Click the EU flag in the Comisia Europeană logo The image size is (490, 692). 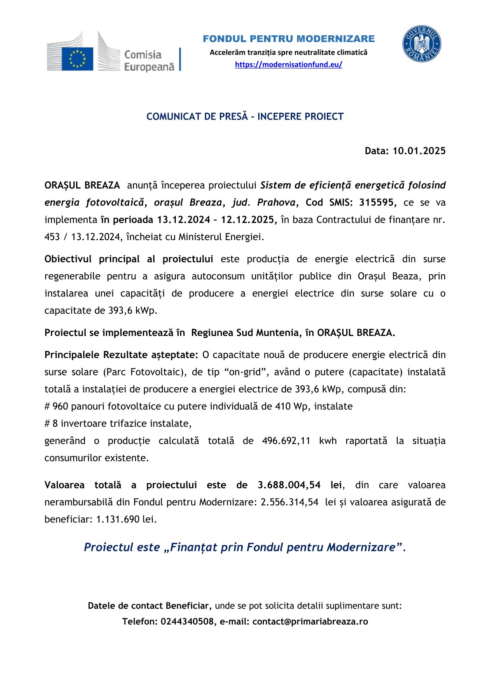tap(77, 58)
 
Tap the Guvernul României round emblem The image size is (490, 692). tap(421, 44)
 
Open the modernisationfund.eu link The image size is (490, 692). tap(288, 65)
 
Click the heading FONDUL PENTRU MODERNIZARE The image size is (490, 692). tap(289, 39)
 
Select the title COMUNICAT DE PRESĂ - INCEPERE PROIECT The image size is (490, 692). tap(245, 117)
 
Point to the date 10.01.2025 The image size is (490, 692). tap(419, 151)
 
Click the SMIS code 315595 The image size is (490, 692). tap(376, 202)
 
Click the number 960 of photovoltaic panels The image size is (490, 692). tap(60, 406)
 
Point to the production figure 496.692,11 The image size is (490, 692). tap(286, 441)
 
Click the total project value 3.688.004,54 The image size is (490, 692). tap(289, 485)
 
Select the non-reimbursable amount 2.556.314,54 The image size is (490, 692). tap(289, 502)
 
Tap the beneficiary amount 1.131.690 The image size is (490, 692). tap(118, 519)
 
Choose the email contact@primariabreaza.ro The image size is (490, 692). tap(310, 621)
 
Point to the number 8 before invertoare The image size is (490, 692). tap(55, 424)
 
